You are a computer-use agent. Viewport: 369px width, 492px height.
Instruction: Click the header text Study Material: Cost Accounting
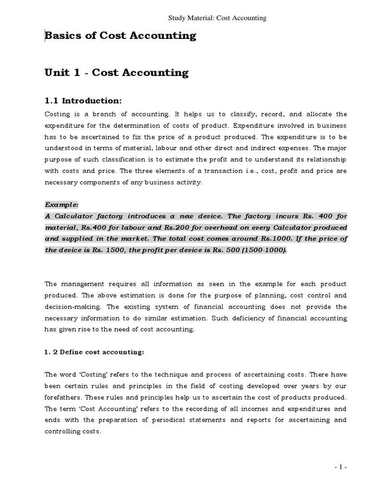[x=217, y=18]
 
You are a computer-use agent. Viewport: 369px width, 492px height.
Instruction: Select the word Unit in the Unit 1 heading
[x=58, y=73]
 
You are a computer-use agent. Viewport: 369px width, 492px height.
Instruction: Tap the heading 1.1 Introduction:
[x=84, y=100]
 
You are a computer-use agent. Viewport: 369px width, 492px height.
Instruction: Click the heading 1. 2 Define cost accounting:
[x=94, y=352]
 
